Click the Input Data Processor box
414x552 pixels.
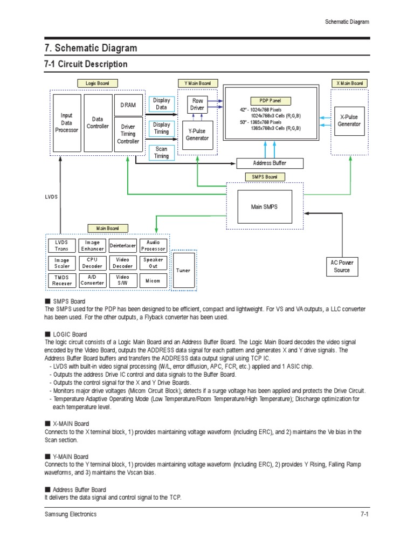click(x=66, y=123)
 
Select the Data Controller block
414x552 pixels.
click(x=98, y=123)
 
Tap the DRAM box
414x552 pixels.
click(x=128, y=105)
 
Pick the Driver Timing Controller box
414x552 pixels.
click(x=128, y=134)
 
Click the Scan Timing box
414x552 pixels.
click(x=161, y=153)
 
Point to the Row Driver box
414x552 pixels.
click(x=197, y=105)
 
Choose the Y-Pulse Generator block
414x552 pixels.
click(x=197, y=134)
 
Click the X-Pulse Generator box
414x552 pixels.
click(x=349, y=120)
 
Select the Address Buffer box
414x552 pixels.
click(x=270, y=163)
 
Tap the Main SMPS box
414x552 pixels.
click(x=264, y=206)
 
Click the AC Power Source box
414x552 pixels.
click(x=342, y=266)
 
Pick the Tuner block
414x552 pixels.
click(x=183, y=271)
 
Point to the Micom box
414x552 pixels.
click(x=153, y=280)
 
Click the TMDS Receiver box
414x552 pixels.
click(x=61, y=280)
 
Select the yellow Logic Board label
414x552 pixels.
click(x=98, y=84)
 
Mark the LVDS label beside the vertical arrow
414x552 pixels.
click(x=51, y=197)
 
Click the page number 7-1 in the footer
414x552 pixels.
click(x=364, y=514)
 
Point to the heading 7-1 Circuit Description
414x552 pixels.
click(x=86, y=64)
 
